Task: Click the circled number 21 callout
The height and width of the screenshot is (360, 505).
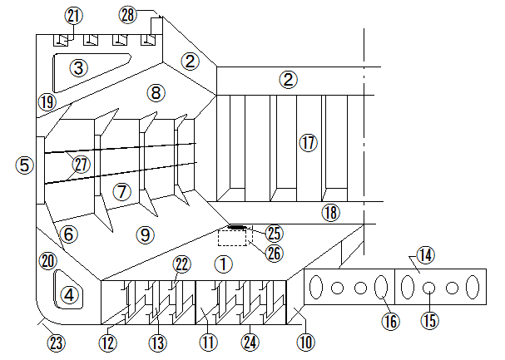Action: [74, 16]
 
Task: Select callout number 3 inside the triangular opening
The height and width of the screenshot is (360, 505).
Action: [78, 68]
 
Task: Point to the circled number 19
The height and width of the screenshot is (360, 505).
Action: [46, 102]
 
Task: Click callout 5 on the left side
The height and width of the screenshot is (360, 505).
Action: [26, 165]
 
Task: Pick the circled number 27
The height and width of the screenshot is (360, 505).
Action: [81, 164]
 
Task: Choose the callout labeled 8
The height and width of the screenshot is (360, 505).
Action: [156, 91]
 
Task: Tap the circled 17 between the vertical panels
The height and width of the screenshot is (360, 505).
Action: [309, 142]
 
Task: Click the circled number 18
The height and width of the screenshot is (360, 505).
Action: [331, 213]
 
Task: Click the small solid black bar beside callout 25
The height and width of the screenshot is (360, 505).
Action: [237, 226]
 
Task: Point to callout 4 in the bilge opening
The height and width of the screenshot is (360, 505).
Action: [69, 294]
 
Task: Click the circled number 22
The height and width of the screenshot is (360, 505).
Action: [182, 264]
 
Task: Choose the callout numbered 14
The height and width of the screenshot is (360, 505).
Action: [426, 254]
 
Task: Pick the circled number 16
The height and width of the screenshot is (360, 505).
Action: [390, 320]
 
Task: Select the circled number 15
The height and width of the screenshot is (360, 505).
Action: [429, 319]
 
